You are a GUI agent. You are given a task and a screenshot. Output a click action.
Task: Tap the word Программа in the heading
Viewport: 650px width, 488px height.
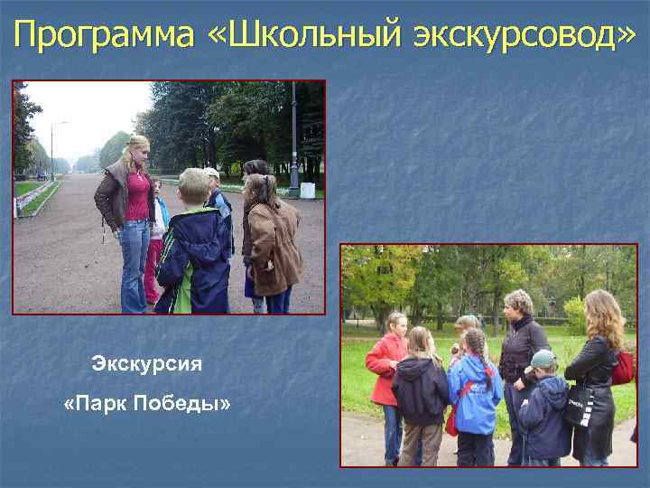(104, 35)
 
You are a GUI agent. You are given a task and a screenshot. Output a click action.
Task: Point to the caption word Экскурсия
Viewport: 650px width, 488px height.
(147, 364)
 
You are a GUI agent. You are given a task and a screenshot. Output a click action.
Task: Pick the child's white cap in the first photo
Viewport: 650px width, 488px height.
(211, 172)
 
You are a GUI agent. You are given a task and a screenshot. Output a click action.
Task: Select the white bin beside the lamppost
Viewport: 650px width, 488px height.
(308, 191)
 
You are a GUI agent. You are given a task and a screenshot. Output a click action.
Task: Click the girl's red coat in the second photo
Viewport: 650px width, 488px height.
(385, 367)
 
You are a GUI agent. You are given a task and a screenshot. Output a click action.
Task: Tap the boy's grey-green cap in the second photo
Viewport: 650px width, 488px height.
(543, 360)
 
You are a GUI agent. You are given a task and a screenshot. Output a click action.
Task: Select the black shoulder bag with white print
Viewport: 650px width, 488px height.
(579, 409)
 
